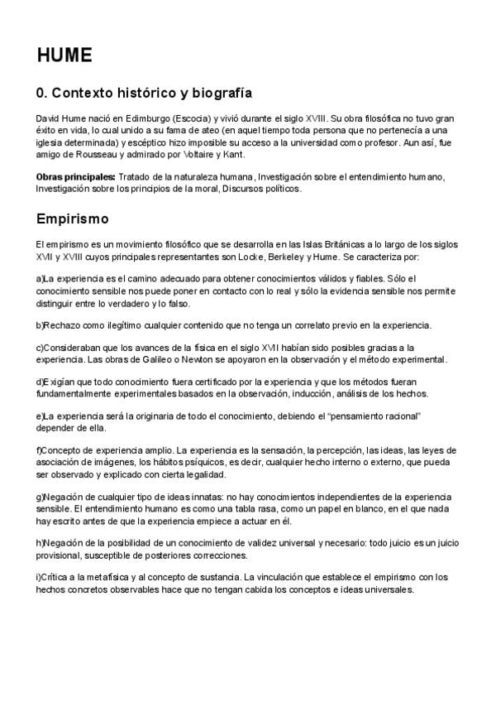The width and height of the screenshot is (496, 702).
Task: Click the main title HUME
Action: tap(64, 55)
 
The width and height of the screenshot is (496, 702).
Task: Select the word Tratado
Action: tap(136, 177)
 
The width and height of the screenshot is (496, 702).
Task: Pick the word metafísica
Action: tap(113, 576)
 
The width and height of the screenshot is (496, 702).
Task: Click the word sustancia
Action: tap(216, 576)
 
